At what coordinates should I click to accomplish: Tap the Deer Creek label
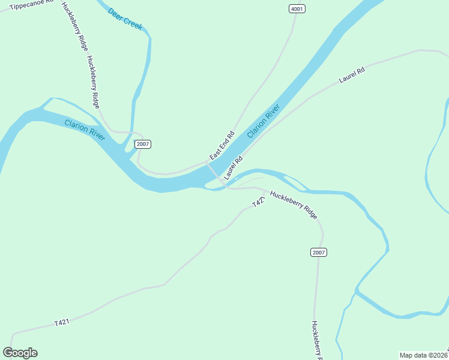coord(125,19)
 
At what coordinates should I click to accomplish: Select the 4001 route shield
coord(297,9)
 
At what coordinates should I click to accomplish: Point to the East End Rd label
coord(221,145)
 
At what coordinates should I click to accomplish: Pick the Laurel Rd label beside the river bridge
coord(234,169)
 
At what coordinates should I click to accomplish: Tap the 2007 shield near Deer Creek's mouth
coord(142,144)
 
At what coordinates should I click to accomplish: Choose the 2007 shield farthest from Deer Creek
coord(319,252)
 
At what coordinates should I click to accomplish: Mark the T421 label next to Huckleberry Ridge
coord(258,203)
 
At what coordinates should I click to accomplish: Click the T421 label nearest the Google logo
coord(62,322)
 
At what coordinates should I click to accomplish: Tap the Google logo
coord(20,353)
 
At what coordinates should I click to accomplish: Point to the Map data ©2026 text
coord(423,355)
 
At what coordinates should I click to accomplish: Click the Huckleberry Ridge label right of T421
coord(293,205)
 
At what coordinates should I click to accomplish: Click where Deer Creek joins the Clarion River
coord(128,153)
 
